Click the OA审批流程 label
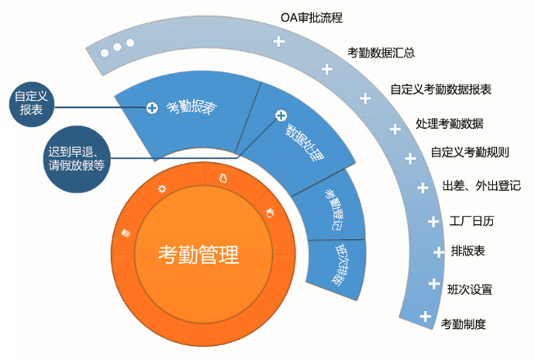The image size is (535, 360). coord(312,18)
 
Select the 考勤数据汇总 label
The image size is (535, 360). coord(381,53)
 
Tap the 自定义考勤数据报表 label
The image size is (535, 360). coord(441,89)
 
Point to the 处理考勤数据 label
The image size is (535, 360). coord(450,123)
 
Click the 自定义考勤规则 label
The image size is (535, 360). coord(470,152)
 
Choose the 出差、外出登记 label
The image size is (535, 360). coord(481,185)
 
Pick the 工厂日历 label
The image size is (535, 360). coord(471,221)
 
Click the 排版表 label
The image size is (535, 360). coord(468,251)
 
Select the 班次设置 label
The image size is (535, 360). coord(470,289)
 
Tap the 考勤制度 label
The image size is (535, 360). coord(463,324)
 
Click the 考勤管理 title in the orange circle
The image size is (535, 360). coord(198,254)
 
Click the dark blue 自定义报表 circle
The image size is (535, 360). coord(32,104)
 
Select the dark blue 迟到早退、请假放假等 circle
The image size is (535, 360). coord(77,159)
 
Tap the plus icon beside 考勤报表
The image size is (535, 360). coord(152,108)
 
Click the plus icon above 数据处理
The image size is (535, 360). coord(281,116)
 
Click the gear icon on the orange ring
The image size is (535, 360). coord(162,189)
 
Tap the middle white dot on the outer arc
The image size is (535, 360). coord(117,47)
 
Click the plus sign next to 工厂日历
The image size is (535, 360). coord(433,222)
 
